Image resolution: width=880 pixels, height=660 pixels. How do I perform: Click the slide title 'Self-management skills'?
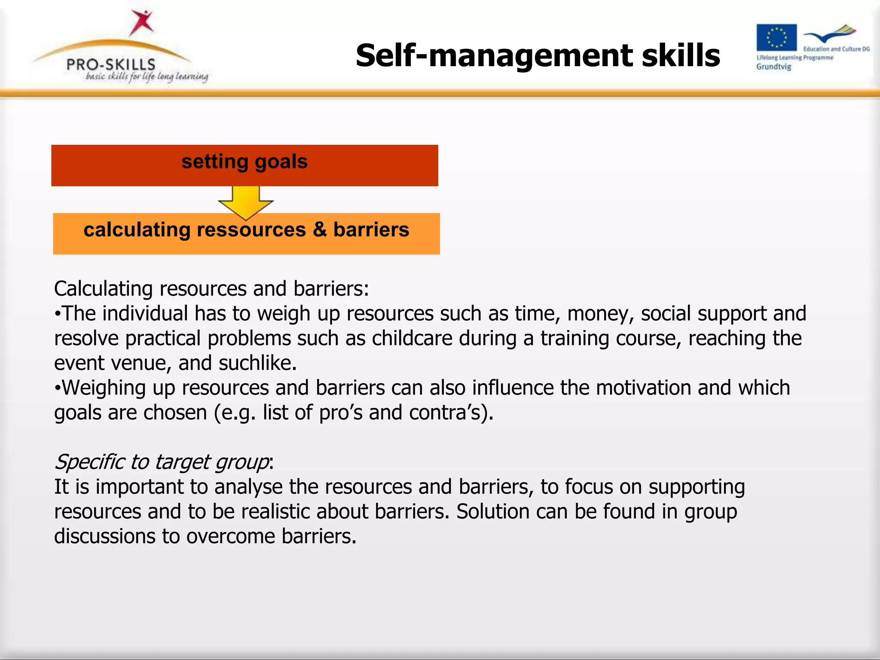(x=538, y=56)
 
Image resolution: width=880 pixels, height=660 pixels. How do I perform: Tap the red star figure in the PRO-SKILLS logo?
(x=142, y=22)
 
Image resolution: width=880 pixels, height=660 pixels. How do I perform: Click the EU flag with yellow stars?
(x=776, y=37)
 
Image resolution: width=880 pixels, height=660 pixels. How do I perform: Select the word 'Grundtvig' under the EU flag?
(x=773, y=67)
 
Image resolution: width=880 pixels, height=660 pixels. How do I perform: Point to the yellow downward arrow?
(x=245, y=202)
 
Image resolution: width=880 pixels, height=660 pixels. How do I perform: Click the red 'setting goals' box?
(x=244, y=165)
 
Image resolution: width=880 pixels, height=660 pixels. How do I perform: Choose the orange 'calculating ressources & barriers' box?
(x=246, y=233)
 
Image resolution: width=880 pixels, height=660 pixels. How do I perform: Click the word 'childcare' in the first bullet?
(x=412, y=338)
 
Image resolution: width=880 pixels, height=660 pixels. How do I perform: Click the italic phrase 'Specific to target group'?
(x=162, y=462)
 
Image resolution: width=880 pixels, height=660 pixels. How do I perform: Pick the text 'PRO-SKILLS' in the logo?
(x=111, y=65)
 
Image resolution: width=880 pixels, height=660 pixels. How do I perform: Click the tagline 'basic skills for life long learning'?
(x=147, y=76)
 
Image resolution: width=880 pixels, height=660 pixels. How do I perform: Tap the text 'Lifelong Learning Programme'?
(x=794, y=58)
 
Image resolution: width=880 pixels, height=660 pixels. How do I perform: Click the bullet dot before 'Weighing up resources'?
(x=58, y=388)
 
